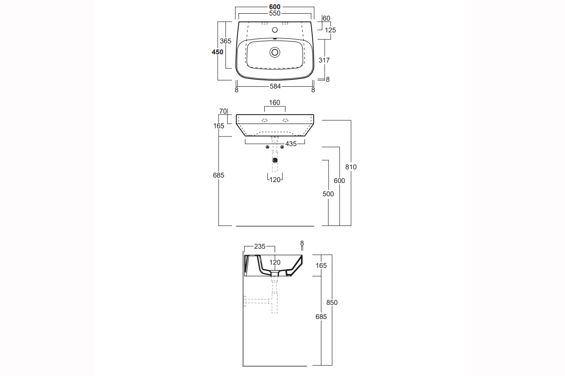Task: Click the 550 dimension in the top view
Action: tap(274, 14)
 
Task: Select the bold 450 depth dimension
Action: tap(218, 52)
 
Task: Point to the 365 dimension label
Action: tap(226, 41)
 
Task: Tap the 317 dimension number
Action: tap(324, 60)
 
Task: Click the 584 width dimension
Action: tap(275, 86)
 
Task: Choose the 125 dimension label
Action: tap(330, 30)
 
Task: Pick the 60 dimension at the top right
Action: tap(326, 18)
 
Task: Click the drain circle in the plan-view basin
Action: tap(275, 52)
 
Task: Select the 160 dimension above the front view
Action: tap(274, 103)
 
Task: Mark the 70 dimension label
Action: tap(223, 111)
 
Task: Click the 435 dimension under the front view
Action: tap(291, 144)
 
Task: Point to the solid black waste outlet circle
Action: tap(275, 160)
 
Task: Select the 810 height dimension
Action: tap(351, 167)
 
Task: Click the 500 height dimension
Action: tap(328, 194)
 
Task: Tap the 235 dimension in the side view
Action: tap(260, 246)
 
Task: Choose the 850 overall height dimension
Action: tap(332, 303)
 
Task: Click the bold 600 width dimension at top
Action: tap(274, 7)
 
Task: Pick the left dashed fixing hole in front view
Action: tap(264, 120)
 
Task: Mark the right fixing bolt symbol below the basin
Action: tap(282, 146)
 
